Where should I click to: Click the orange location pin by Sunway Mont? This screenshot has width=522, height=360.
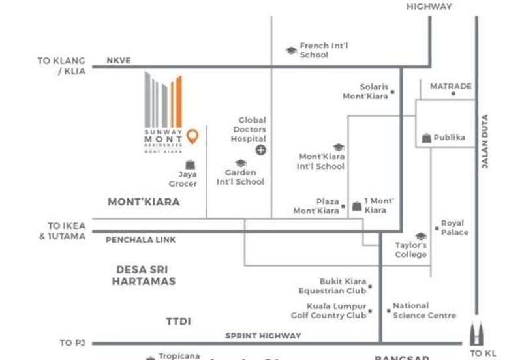pos(192,136)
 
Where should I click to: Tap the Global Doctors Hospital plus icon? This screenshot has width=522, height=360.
pos(261,150)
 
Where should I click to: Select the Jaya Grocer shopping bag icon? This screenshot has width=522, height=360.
pos(190,164)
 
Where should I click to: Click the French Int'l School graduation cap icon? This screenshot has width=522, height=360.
pos(291,50)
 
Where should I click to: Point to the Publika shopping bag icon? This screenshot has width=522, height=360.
pos(426,138)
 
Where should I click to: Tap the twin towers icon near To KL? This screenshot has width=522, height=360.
pos(475,335)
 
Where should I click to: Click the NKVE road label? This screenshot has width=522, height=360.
pos(119,61)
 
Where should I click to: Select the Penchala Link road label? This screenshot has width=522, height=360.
pos(141,240)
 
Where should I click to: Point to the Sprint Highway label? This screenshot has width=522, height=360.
pos(263,336)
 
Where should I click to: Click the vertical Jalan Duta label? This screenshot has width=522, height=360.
pos(485,143)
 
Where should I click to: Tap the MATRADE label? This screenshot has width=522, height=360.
pos(450,86)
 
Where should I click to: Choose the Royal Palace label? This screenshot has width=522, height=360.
pos(455,228)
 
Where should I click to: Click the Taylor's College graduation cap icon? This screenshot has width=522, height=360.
pos(421,236)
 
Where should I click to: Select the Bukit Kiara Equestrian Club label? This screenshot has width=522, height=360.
pos(333,286)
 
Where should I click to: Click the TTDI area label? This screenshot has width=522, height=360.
pos(178,321)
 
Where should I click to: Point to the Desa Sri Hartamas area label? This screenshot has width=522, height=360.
pos(144,275)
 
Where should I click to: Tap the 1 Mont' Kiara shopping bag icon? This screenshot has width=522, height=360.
pos(357,206)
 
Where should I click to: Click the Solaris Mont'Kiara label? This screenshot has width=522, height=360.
pos(365,91)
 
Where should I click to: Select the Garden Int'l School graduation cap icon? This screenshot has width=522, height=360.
pos(240,163)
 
